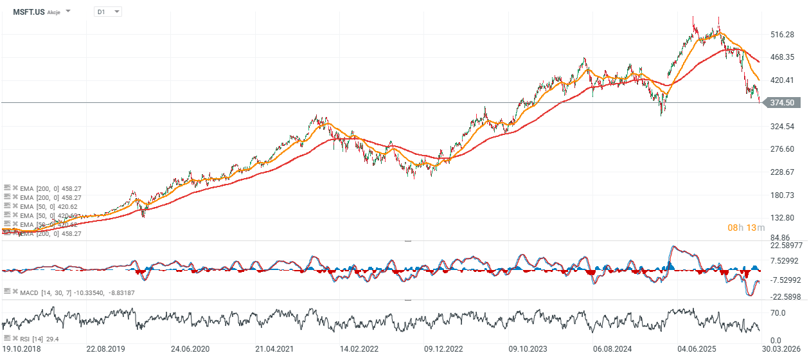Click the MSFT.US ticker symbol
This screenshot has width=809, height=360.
28,12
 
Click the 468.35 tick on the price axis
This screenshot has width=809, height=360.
783,57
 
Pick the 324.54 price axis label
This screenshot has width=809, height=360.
783,126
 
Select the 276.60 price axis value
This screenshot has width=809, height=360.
783,149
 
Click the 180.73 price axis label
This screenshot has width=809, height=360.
783,195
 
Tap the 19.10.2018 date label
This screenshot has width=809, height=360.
22,348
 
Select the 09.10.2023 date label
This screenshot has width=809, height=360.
529,348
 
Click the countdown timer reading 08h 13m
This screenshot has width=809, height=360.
746,228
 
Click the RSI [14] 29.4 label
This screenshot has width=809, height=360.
40,338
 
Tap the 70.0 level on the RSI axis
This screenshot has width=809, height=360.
779,312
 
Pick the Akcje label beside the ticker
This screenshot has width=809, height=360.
53,12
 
